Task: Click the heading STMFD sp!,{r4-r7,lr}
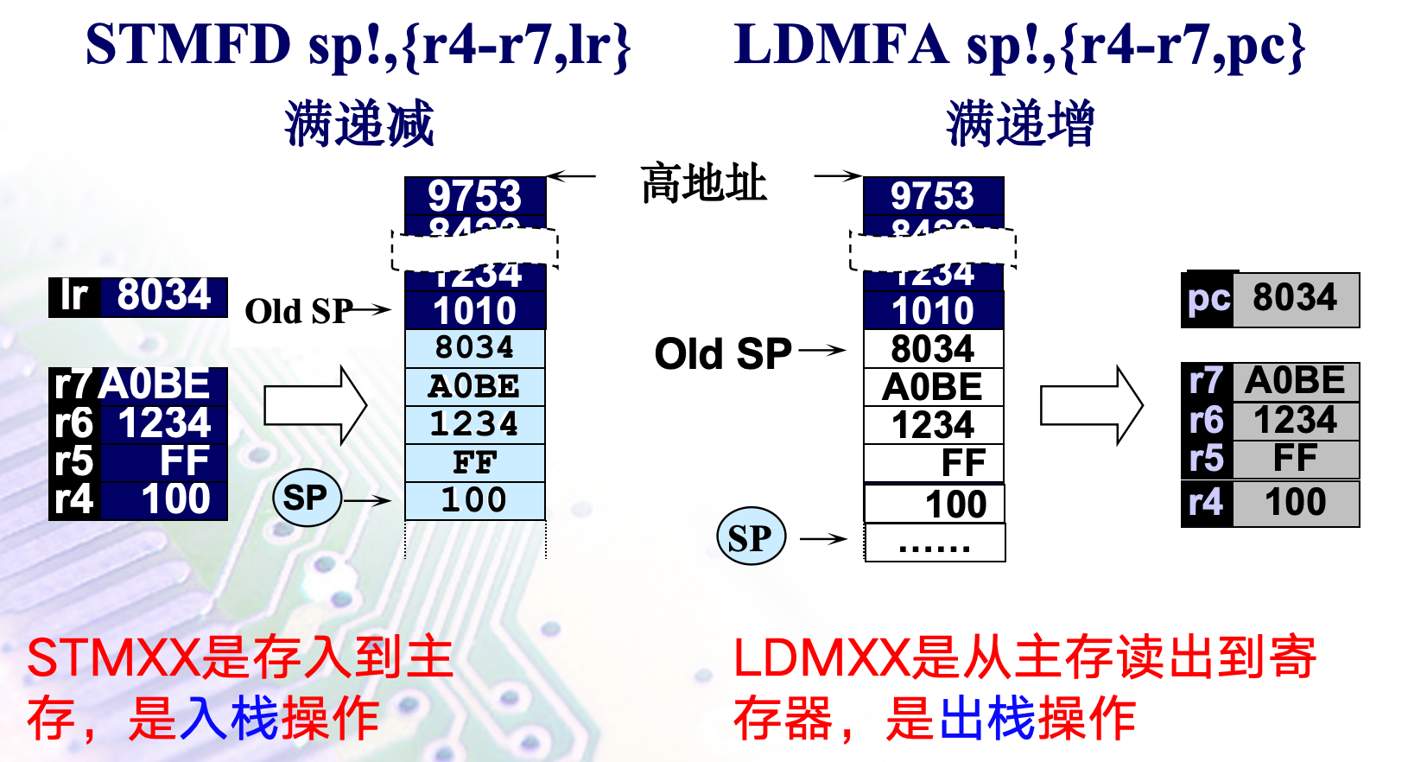(x=358, y=45)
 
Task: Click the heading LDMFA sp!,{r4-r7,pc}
(x=1019, y=45)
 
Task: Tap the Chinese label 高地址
(x=703, y=183)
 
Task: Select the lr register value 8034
(x=164, y=295)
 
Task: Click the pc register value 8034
(x=1295, y=299)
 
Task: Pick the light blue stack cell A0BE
(x=474, y=386)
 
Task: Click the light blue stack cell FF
(x=474, y=462)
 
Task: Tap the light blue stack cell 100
(x=474, y=500)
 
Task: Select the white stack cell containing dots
(x=935, y=543)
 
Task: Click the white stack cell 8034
(x=933, y=349)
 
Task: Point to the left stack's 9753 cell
(x=474, y=195)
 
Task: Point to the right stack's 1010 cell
(x=933, y=310)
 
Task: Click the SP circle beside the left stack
(x=306, y=498)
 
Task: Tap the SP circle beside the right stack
(x=751, y=537)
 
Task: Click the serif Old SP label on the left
(x=298, y=311)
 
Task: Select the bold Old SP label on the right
(x=723, y=353)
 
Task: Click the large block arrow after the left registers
(x=315, y=405)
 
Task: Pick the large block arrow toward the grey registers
(x=1091, y=405)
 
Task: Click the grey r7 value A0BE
(x=1295, y=381)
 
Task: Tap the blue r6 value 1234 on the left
(x=164, y=423)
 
